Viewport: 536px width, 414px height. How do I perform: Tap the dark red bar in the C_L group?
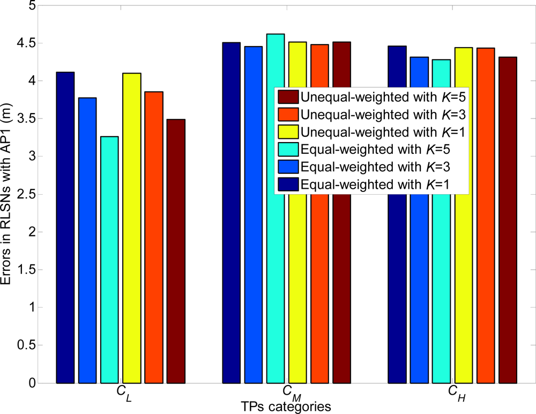tap(176, 252)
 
